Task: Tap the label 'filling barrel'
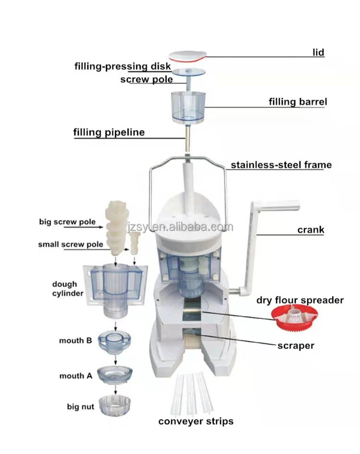(298, 102)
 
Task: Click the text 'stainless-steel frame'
(281, 165)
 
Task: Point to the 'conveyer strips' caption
(196, 421)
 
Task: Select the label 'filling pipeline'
(109, 132)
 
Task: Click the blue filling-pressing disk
(188, 73)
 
